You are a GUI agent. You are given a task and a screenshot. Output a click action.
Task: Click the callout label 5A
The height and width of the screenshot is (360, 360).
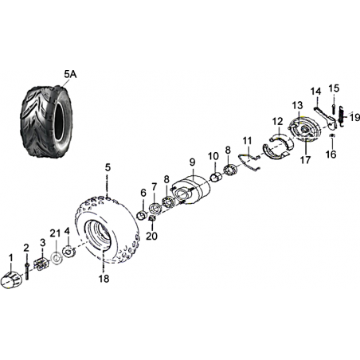(x=70, y=75)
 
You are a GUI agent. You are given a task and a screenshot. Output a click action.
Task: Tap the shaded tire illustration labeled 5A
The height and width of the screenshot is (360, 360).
(x=44, y=121)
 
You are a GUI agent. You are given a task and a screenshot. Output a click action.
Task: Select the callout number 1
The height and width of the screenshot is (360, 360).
(x=11, y=257)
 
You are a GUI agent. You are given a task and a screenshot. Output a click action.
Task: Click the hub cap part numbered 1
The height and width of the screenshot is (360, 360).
(x=11, y=280)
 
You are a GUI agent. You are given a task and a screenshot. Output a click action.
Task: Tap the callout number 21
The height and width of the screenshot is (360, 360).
(x=55, y=233)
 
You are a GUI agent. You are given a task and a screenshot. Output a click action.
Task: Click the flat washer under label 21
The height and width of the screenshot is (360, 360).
(x=56, y=258)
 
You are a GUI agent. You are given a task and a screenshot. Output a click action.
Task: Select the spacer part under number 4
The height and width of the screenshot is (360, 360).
(x=68, y=251)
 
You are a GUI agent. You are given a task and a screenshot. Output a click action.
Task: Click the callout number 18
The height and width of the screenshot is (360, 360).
(x=104, y=279)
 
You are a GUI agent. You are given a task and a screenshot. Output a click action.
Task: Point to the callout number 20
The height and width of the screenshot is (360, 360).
(x=151, y=236)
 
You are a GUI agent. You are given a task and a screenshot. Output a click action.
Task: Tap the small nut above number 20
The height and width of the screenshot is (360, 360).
(x=152, y=218)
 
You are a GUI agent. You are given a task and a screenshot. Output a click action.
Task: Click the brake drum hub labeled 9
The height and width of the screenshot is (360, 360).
(x=191, y=190)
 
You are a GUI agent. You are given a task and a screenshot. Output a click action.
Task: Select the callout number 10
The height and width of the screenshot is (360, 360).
(x=213, y=156)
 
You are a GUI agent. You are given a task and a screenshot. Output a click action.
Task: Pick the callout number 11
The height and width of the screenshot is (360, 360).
(x=247, y=141)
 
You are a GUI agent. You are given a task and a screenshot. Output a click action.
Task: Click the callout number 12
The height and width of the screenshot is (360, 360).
(x=278, y=122)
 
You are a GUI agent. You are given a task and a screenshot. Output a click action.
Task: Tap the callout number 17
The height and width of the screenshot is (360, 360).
(x=305, y=160)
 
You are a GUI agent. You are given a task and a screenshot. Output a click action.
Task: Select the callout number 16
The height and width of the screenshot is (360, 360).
(x=331, y=154)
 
